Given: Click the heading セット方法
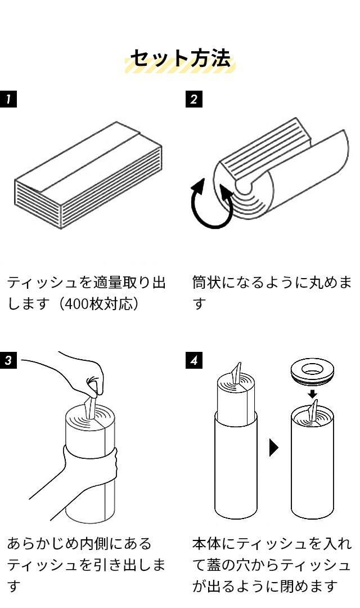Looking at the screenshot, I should (x=180, y=59).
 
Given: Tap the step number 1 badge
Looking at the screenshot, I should (x=8, y=99).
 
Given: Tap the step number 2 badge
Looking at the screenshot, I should (x=193, y=99).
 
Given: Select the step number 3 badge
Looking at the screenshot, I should (x=8, y=360).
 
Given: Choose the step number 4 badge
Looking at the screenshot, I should (x=193, y=360).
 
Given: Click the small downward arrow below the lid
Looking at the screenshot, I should (x=313, y=392).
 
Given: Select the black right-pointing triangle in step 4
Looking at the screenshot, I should (x=274, y=448).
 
